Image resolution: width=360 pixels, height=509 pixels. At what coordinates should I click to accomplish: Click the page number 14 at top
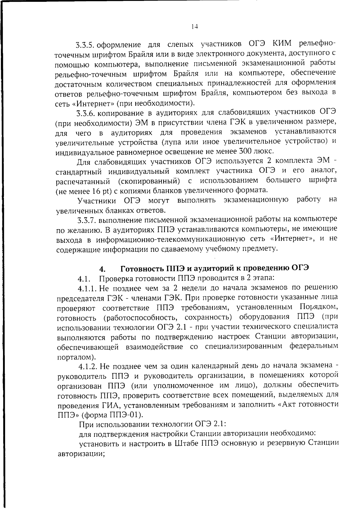coord(194,27)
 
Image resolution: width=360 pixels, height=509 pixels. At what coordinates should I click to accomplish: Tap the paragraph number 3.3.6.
coord(85,113)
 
